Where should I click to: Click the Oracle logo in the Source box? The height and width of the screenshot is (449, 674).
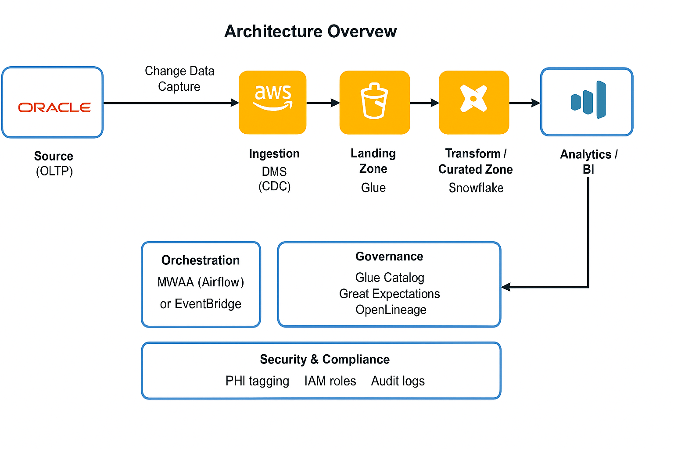pyautogui.click(x=54, y=107)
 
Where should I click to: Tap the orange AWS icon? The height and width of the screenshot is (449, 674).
pyautogui.click(x=272, y=102)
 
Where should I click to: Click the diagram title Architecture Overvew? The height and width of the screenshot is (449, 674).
pyautogui.click(x=310, y=32)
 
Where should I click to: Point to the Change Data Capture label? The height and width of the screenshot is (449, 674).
pyautogui.click(x=179, y=79)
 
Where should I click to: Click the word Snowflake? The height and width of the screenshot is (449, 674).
pyautogui.click(x=476, y=188)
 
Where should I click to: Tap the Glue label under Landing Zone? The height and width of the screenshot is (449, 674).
pyautogui.click(x=373, y=188)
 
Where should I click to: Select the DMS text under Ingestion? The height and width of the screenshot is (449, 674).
pyautogui.click(x=274, y=171)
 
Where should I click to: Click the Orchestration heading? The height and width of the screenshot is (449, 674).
pyautogui.click(x=201, y=260)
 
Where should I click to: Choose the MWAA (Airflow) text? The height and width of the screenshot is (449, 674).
pyautogui.click(x=201, y=282)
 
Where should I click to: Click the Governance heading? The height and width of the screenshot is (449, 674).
pyautogui.click(x=389, y=257)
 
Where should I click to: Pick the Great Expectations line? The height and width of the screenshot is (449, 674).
pyautogui.click(x=389, y=294)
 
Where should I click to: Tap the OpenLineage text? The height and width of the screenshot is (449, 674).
pyautogui.click(x=391, y=310)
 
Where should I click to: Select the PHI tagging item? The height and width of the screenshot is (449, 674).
pyautogui.click(x=257, y=381)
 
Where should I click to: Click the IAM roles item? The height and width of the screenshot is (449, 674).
pyautogui.click(x=330, y=381)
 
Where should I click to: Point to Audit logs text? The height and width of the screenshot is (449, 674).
pyautogui.click(x=398, y=381)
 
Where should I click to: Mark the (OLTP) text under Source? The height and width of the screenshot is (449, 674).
pyautogui.click(x=54, y=171)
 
